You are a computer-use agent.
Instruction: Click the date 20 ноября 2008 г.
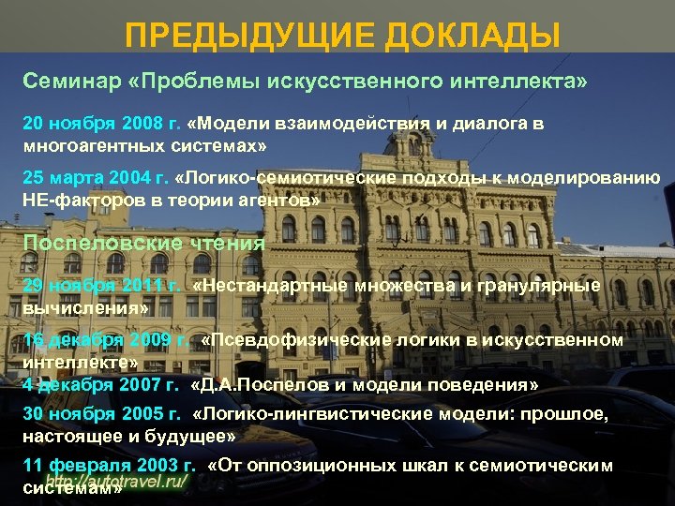click(101, 125)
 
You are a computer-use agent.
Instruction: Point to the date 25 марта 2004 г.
click(95, 178)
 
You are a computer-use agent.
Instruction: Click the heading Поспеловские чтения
click(143, 243)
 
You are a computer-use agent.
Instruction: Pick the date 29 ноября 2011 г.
click(101, 285)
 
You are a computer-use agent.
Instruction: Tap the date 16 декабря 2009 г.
click(105, 339)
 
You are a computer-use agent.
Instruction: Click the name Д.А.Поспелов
click(253, 384)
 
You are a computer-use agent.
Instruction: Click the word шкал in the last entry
click(432, 466)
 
